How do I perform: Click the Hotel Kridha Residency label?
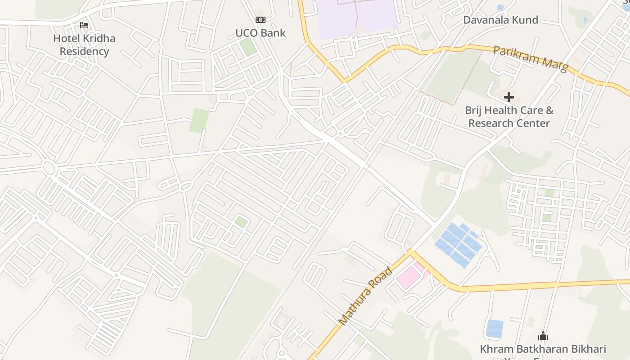pos(84,45)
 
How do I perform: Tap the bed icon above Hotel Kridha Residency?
pos(84,25)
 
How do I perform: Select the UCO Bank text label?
pos(260,33)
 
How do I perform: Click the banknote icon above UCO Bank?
pos(261,20)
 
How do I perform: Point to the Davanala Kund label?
pos(500,20)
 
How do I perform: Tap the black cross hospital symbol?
pos(509,97)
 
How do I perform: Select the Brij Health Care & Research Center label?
pos(509,117)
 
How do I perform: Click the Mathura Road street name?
pos(366,296)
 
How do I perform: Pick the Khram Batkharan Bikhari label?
pos(543,349)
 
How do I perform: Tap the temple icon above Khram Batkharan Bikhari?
pos(543,336)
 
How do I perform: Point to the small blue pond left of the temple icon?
pos(495,328)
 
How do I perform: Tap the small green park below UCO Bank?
pos(247,47)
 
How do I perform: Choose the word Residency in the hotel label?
pos(84,51)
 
